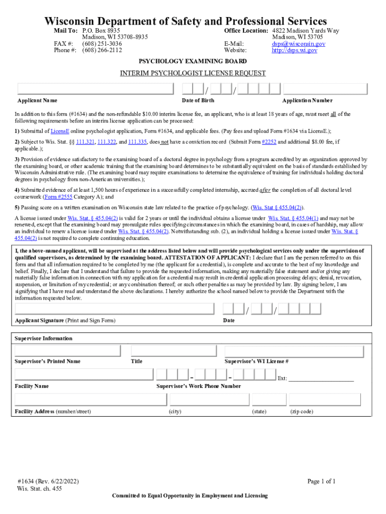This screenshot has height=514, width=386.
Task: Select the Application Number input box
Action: pos(326,89)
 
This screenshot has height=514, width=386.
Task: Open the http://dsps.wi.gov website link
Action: pos(294,50)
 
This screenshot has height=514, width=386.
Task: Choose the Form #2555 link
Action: pos(59,197)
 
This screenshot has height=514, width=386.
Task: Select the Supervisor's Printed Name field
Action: pos(68,351)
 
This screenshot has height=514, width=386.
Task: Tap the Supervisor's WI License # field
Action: pos(297,351)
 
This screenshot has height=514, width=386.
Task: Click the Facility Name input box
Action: pos(84,374)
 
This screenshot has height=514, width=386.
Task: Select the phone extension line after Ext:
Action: pos(321,378)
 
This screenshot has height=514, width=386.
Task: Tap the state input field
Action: pos(269,400)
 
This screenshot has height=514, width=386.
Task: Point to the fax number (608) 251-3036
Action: pos(102,44)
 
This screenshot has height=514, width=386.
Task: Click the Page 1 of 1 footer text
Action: pos(321,481)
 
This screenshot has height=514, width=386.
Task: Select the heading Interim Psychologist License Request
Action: pos(192,73)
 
